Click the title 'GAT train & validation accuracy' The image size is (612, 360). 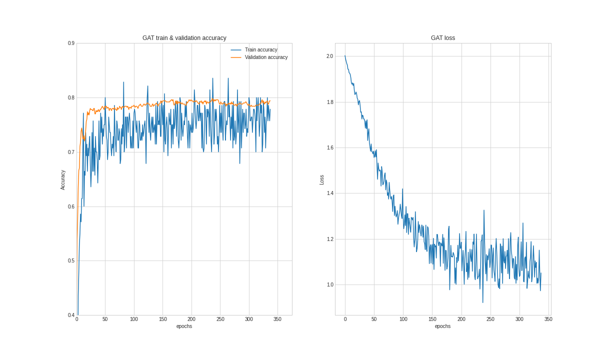(x=184, y=38)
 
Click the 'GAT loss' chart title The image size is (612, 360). (x=442, y=38)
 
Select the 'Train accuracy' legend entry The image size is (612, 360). (x=260, y=50)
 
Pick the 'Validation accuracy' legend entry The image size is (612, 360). (x=266, y=57)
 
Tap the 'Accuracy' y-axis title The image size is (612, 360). (x=63, y=180)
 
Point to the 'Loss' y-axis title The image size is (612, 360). (x=322, y=180)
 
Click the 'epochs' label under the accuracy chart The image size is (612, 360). (x=184, y=326)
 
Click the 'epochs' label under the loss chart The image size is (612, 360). (x=442, y=326)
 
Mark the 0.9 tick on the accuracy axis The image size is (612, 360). (x=71, y=43)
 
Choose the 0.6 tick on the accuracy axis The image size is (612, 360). (x=71, y=206)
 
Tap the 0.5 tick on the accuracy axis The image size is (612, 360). (x=71, y=261)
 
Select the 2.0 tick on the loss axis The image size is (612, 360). (x=329, y=56)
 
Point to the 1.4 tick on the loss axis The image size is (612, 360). (x=329, y=193)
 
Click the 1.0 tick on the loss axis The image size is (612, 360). (x=329, y=285)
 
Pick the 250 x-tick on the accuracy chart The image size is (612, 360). (x=220, y=319)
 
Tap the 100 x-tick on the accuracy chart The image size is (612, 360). (x=134, y=319)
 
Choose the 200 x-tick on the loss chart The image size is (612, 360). (x=461, y=319)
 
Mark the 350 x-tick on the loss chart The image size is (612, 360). (x=548, y=319)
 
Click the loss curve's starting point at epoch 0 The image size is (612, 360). (x=345, y=55)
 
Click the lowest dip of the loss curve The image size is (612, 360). (x=482, y=302)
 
